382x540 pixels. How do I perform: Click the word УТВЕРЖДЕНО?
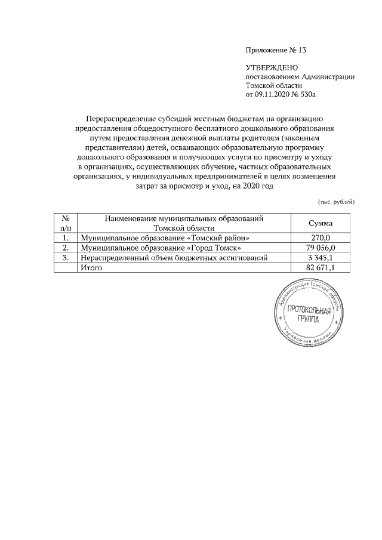[272, 68]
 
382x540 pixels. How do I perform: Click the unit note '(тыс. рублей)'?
[335, 202]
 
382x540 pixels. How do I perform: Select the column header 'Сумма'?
[321, 223]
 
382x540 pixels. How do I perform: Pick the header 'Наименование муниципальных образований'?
[184, 219]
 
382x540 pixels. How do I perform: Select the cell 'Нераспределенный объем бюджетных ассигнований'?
[174, 258]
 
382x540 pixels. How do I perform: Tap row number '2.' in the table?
[66, 248]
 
